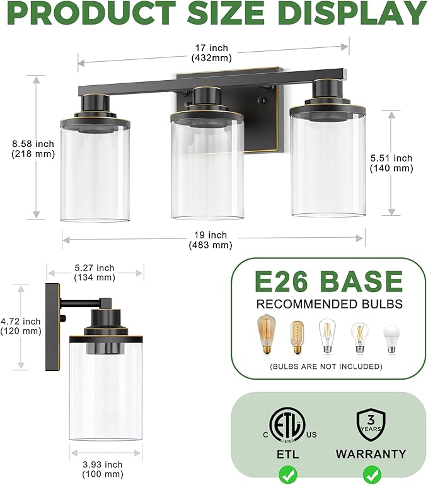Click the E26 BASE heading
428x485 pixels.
[x=328, y=281]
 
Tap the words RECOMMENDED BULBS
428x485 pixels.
[x=328, y=305]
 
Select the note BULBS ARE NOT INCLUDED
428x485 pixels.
[x=326, y=366]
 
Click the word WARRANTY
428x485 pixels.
[x=371, y=453]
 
